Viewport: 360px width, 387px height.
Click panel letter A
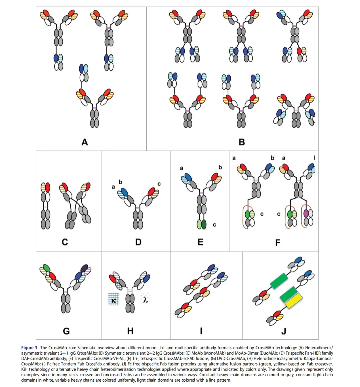[x=85, y=142]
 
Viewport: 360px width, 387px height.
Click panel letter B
[x=242, y=142]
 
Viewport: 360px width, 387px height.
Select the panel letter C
[x=65, y=242]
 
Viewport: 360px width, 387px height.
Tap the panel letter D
[x=138, y=242]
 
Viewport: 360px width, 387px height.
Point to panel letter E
[x=200, y=242]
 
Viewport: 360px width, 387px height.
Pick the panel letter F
[x=278, y=243]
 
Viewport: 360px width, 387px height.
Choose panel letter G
[x=66, y=331]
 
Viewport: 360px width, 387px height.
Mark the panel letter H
[x=130, y=331]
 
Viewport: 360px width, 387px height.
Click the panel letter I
[x=201, y=331]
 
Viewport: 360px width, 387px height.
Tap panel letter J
[x=284, y=331]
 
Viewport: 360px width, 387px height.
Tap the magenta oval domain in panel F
[x=306, y=214]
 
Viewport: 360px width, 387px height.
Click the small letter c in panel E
[x=214, y=225]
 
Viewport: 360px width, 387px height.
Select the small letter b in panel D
[x=121, y=182]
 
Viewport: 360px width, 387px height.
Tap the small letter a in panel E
[x=182, y=168]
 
